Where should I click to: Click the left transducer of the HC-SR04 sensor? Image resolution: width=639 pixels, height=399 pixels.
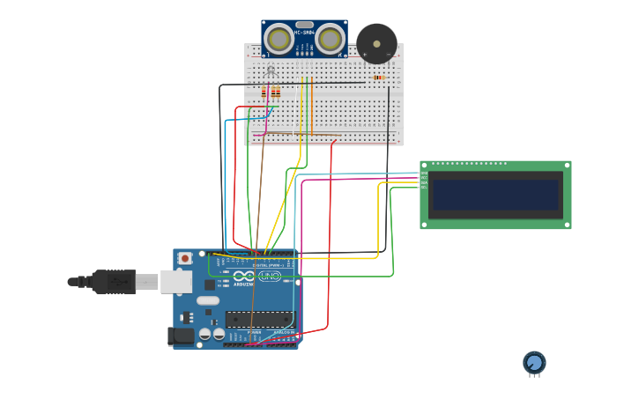(279, 39)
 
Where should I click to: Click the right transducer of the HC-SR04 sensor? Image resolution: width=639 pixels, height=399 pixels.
(331, 39)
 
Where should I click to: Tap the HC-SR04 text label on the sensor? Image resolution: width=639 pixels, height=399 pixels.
(304, 33)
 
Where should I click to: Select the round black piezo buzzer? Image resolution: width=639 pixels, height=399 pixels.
(376, 43)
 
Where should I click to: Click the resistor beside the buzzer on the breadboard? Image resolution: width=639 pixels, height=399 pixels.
(378, 78)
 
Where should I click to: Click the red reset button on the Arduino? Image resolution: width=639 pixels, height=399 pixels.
(185, 258)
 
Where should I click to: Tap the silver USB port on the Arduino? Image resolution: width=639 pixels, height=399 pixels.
(176, 282)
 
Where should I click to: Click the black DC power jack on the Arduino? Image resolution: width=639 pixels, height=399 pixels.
(181, 336)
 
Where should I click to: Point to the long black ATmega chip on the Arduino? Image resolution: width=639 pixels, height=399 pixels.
(259, 319)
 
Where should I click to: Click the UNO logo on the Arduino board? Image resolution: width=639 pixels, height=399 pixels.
(270, 277)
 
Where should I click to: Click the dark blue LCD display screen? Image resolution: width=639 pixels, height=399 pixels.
(495, 195)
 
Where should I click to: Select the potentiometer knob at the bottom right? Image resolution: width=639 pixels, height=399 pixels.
(534, 362)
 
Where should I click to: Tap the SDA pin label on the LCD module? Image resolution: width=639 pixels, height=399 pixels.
(424, 182)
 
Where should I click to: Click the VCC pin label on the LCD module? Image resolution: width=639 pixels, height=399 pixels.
(424, 178)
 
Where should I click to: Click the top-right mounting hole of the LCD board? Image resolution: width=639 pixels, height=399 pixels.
(566, 165)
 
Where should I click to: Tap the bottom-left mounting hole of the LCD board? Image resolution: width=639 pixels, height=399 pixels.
(424, 225)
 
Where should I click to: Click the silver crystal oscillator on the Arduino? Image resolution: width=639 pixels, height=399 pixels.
(208, 300)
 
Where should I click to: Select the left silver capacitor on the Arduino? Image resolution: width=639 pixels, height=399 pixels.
(205, 334)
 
